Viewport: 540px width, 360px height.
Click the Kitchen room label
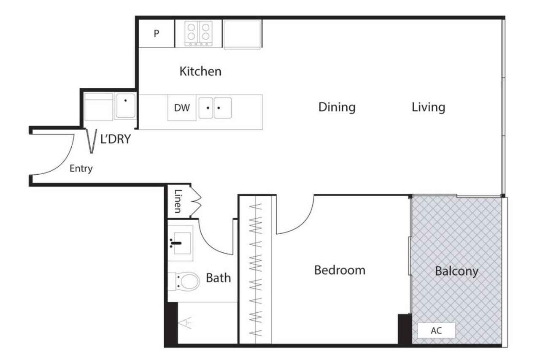pos(200,71)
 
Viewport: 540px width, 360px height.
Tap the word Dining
pos(337,107)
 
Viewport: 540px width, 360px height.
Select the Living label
pos(428,107)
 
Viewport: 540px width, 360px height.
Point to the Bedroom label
pos(340,270)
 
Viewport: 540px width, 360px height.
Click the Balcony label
pos(456,271)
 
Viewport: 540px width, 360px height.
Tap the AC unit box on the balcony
pos(436,330)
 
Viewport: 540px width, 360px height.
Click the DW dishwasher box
pos(182,108)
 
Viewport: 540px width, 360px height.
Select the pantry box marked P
pos(157,33)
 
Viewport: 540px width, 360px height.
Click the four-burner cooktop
pos(198,33)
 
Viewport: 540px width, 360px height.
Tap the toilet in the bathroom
pos(184,282)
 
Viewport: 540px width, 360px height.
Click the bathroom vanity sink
pos(181,243)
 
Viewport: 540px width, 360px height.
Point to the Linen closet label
pos(178,201)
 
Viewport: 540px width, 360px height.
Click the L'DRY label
pos(116,139)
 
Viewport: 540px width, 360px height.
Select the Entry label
pos(81,168)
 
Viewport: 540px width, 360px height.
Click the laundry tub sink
pos(125,106)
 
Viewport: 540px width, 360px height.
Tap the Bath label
pos(219,278)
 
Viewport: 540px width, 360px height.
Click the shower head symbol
pos(185,323)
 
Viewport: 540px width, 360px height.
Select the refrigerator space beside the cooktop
pos(242,35)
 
